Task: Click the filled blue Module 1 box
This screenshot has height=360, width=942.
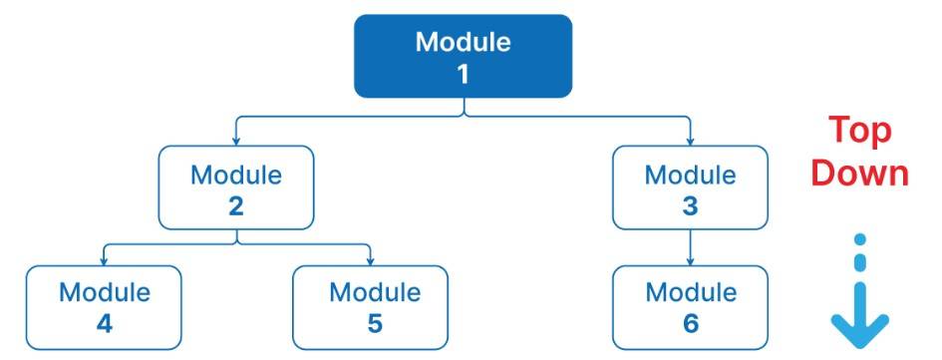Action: point(463,56)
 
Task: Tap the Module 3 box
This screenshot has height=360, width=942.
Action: point(690,187)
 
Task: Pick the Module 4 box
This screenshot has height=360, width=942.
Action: point(104,307)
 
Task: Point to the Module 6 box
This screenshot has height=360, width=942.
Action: point(690,307)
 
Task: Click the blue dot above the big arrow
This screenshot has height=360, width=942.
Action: point(861,240)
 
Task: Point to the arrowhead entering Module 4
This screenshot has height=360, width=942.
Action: point(104,261)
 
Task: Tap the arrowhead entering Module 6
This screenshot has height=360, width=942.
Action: point(690,261)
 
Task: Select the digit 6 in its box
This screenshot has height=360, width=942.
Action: point(691,324)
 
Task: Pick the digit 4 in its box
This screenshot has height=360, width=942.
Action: point(104,324)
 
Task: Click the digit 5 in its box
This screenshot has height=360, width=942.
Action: point(374,324)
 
